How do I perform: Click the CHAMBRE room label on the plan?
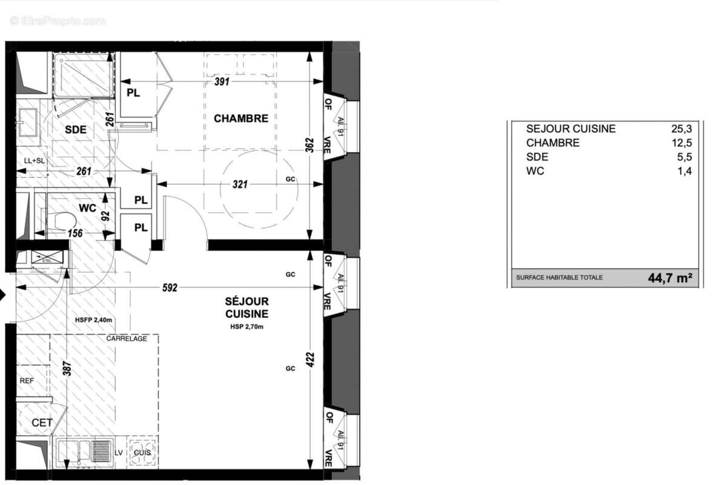(x=240, y=118)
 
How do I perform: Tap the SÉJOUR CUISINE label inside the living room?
(x=246, y=307)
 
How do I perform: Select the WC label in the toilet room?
(x=88, y=208)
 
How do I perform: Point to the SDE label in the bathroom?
(x=76, y=129)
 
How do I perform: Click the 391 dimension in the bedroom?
(x=222, y=82)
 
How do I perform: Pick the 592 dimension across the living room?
(x=170, y=288)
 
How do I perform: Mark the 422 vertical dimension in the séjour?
(x=309, y=361)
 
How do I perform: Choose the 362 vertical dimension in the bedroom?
(x=309, y=145)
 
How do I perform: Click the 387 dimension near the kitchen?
(x=67, y=370)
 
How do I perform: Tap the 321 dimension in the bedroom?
(x=240, y=184)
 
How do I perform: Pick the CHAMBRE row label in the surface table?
(x=552, y=143)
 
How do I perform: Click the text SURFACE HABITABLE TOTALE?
(x=559, y=278)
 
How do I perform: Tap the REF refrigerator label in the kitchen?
(x=27, y=381)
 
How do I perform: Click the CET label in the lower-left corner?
(x=42, y=423)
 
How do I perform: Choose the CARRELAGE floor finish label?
(x=127, y=338)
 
